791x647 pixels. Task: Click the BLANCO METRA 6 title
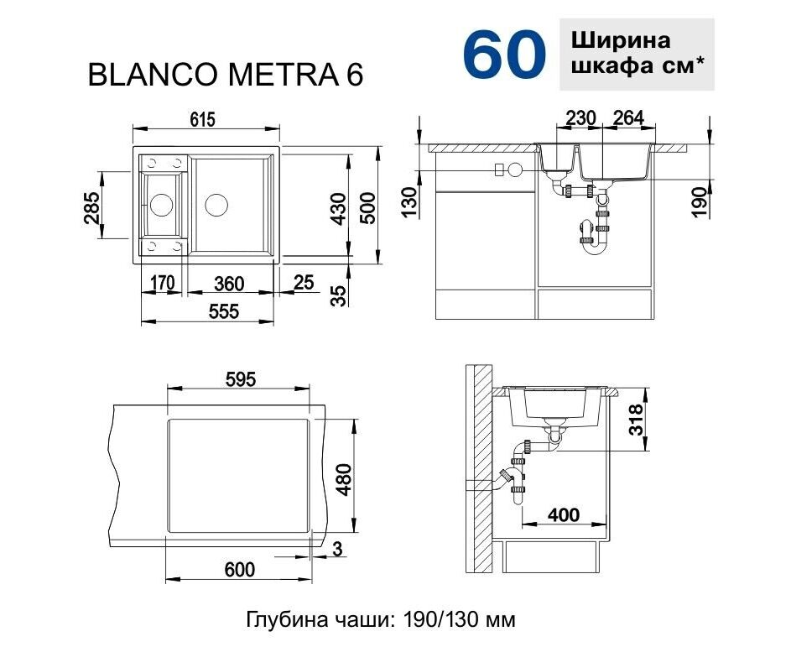(226, 76)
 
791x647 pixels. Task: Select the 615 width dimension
(203, 120)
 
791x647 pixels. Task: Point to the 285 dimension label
(91, 206)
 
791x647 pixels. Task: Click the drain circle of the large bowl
(216, 205)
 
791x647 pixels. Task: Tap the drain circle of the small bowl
(162, 205)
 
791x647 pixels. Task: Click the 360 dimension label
(229, 284)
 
